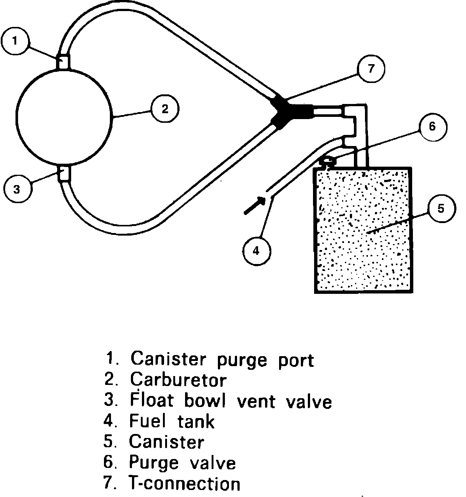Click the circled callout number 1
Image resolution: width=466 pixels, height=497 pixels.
[x=15, y=41]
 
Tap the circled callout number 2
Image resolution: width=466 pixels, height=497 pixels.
[x=164, y=109]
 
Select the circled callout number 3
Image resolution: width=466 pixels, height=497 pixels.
[x=17, y=190]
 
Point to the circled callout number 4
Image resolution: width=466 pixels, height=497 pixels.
[x=257, y=251]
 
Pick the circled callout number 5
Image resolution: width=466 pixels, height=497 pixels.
[x=441, y=208]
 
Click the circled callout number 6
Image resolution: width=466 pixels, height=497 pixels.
[x=432, y=126]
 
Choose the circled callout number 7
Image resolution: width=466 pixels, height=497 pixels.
[x=371, y=68]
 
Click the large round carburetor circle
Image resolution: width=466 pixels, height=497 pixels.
[x=64, y=116]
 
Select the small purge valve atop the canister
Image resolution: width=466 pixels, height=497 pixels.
[x=328, y=161]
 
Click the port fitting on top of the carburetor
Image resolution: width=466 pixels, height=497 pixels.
[x=63, y=62]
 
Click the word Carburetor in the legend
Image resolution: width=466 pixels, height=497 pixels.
[x=178, y=379]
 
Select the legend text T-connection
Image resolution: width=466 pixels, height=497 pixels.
[x=184, y=483]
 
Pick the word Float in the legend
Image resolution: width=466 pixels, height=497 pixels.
[x=152, y=401]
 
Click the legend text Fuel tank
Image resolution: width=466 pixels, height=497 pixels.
[x=171, y=421]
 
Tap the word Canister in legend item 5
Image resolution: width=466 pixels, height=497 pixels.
[x=166, y=442]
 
